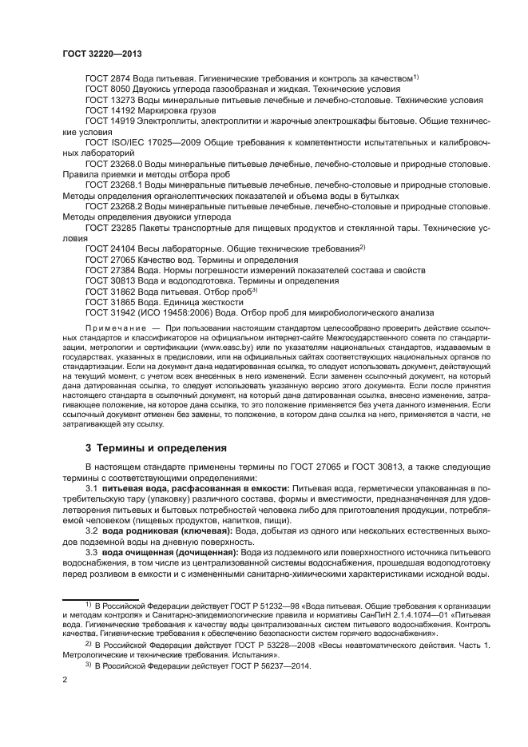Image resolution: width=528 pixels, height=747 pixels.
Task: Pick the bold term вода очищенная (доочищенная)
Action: pyautogui.click(x=160, y=553)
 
